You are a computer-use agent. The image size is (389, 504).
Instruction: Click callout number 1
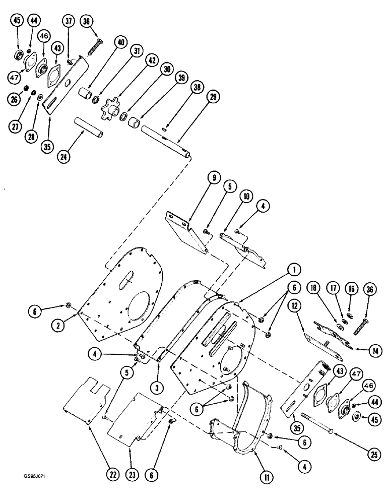coord(291,271)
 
